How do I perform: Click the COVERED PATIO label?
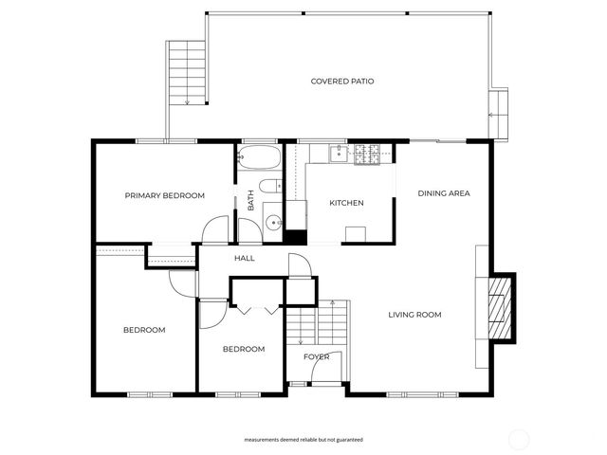pos(342,82)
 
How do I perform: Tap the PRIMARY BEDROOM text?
pos(165,195)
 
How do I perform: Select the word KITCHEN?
pos(346,203)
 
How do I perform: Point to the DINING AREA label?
pos(444,193)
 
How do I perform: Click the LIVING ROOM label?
pos(414,315)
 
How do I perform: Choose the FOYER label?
pos(316,357)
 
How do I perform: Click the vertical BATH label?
pos(251,201)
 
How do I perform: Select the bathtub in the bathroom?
pos(258,157)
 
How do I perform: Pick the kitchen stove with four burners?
pos(367,153)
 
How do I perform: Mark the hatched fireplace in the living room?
pos(499,307)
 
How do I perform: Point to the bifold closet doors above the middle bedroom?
pos(257,308)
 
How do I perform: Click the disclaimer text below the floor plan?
pos(303,440)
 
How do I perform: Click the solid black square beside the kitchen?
pos(295,237)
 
